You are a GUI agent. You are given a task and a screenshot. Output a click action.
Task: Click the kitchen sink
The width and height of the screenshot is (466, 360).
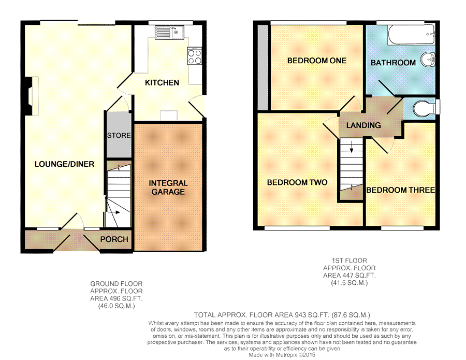(x=169, y=33)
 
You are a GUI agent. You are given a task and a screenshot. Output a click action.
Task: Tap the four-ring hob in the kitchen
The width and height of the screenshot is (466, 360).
(x=195, y=56)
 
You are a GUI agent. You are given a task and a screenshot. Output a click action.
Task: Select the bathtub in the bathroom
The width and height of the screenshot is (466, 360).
(x=412, y=35)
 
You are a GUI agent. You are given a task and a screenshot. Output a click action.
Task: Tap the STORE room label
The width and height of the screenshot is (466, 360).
(x=119, y=136)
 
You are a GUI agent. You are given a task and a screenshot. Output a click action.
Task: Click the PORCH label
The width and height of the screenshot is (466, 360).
(x=114, y=239)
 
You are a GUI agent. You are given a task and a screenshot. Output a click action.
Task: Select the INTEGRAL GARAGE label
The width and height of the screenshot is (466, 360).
(x=168, y=188)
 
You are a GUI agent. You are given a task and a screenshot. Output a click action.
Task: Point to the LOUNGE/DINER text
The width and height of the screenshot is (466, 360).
(x=64, y=164)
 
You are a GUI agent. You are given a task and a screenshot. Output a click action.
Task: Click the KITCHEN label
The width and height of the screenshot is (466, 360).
(x=162, y=83)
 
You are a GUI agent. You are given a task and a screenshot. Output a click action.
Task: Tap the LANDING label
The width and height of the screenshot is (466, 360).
(x=363, y=125)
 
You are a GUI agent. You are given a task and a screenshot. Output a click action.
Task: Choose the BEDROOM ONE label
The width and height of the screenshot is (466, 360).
(x=317, y=61)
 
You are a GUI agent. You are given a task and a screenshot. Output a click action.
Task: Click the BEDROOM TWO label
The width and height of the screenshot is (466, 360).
(x=297, y=182)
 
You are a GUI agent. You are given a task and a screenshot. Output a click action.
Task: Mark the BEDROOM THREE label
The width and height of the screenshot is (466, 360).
(x=401, y=190)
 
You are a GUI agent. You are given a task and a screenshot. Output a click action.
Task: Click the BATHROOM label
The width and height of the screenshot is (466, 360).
(x=393, y=63)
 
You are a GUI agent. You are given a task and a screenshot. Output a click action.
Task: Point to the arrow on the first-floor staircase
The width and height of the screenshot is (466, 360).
(x=352, y=147)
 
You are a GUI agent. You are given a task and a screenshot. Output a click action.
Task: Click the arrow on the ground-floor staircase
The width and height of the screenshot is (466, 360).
(x=113, y=212)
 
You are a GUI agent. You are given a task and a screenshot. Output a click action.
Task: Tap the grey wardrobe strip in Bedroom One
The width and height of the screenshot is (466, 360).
(x=263, y=67)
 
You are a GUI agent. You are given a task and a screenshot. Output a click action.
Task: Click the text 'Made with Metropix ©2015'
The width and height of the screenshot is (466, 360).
(x=282, y=355)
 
